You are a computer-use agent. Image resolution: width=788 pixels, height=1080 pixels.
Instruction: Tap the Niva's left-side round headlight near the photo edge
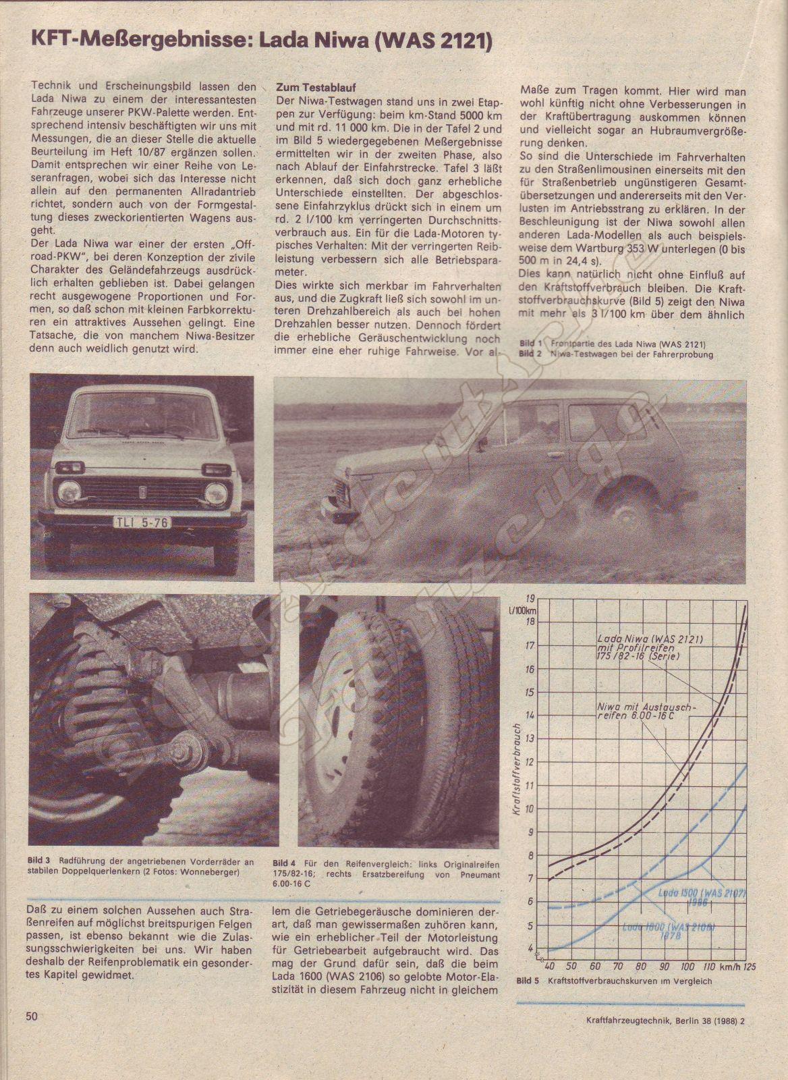pyautogui.click(x=69, y=492)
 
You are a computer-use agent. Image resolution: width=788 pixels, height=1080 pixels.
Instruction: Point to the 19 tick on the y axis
pyautogui.click(x=530, y=599)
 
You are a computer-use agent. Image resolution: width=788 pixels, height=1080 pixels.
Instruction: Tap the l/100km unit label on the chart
pyautogui.click(x=524, y=612)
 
